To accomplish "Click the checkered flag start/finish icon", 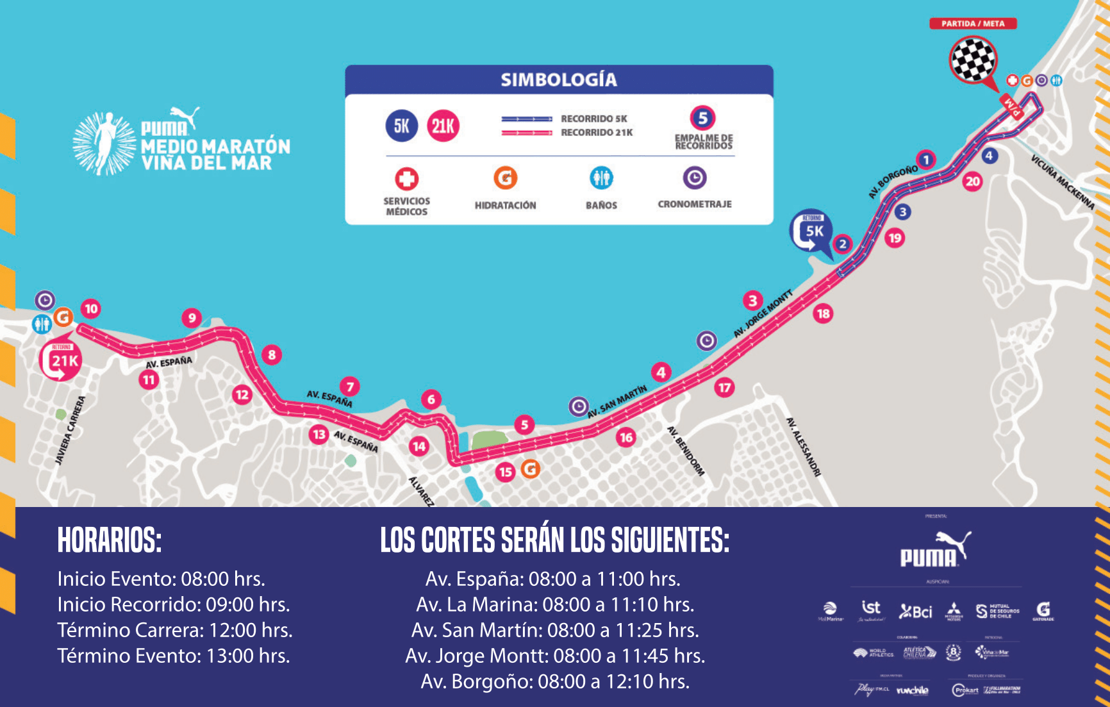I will pos(973,60).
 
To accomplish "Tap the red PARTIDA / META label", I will pos(973,24).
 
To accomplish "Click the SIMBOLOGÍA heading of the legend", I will pos(559,80).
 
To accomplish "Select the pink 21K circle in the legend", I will pos(443,126).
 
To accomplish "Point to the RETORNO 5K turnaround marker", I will pos(811,231).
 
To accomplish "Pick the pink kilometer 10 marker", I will pos(91,309).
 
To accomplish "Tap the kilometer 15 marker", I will pos(506,472).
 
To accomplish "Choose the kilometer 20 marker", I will pos(972,181).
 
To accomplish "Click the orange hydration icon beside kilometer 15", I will pos(531,469).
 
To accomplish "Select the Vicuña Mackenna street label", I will pos(1062,182).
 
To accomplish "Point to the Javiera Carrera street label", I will pos(70,430).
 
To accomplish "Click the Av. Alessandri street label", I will pos(804,447).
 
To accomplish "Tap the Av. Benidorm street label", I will pos(686,451).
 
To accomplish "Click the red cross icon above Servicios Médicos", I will pos(406,179).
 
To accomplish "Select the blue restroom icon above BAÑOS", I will pos(601,178).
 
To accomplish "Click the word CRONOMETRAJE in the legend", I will pos(694,204).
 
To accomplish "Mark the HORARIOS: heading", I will pos(110,540).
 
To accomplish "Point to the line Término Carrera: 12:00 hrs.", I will pos(175,630).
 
